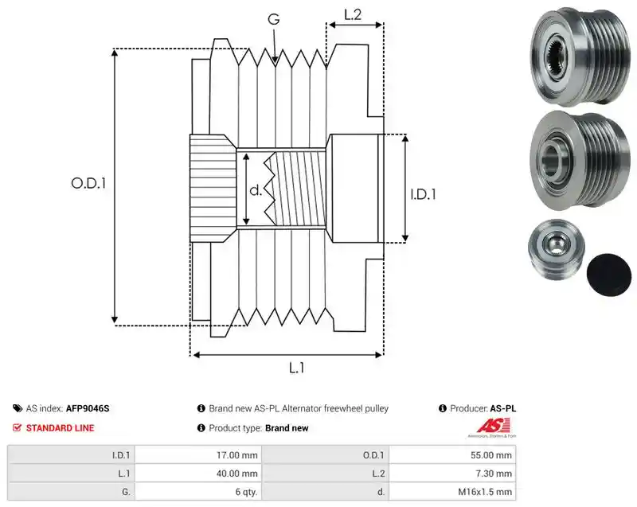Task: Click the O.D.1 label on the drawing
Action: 88,184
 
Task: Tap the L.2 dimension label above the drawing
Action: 353,14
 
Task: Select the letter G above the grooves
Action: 274,19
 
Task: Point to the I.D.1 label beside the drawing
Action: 423,194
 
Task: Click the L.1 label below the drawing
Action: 296,368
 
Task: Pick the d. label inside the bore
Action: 256,190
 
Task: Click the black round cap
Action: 609,275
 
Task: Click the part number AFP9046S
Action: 88,408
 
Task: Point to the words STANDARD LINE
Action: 61,428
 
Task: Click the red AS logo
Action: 492,427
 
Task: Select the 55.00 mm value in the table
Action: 491,455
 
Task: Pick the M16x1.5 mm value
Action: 485,492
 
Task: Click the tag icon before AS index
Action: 18,408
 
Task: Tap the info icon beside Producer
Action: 443,408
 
